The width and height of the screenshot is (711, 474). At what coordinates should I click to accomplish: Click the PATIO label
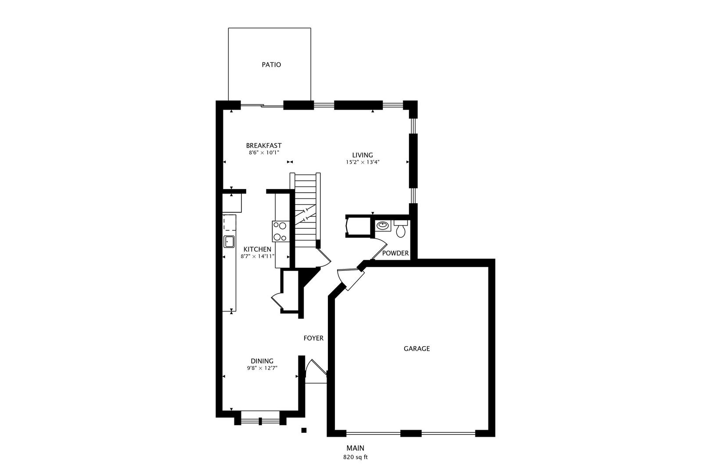271,65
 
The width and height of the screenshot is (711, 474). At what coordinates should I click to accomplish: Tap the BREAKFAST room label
263,146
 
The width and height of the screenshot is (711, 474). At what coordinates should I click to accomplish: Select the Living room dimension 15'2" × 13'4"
362,162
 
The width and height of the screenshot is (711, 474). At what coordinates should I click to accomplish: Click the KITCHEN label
257,249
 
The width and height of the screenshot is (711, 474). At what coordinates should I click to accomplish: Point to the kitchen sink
229,241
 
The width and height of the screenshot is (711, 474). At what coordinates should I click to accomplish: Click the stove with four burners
280,231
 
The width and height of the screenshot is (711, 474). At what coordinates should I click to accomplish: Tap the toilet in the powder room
400,230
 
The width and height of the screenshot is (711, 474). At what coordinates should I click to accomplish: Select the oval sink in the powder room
383,226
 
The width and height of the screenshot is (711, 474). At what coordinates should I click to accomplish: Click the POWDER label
395,253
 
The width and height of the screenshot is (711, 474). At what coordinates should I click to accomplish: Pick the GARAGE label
417,348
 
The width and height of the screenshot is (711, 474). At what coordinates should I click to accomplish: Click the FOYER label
313,338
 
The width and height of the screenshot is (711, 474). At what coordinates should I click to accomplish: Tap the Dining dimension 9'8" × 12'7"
262,368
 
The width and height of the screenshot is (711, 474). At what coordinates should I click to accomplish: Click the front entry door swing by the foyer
314,370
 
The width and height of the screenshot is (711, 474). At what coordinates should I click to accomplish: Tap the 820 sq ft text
355,457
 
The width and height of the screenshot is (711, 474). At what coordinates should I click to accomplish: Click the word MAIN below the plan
355,448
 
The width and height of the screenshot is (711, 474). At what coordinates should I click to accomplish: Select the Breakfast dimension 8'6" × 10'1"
263,153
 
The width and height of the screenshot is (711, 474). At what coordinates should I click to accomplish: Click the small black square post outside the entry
303,430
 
